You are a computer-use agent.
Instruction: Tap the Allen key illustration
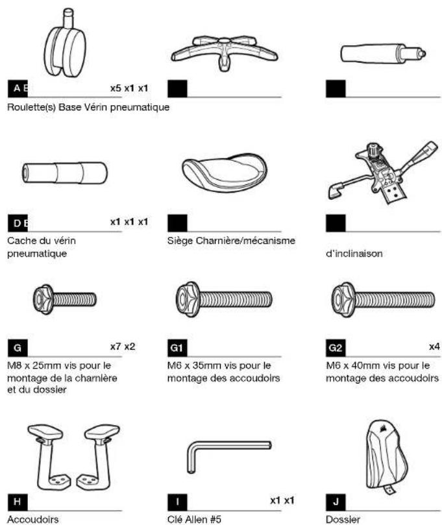tap(228, 456)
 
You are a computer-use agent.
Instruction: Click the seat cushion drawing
tap(225, 173)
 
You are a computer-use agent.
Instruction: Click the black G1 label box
tap(177, 348)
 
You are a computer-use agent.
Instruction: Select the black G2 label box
tap(336, 348)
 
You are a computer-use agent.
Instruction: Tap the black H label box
tap(18, 502)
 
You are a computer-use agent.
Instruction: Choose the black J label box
tap(336, 502)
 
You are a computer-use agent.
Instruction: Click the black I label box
tap(177, 502)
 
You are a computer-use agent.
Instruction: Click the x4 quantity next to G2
tap(434, 347)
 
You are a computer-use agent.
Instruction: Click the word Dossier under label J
tap(343, 520)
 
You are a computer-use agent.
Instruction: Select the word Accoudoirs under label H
tap(33, 520)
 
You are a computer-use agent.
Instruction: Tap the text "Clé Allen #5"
tap(194, 520)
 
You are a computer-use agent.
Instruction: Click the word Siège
tap(180, 241)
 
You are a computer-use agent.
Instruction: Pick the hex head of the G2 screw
tap(343, 300)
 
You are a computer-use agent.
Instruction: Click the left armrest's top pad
tap(45, 432)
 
